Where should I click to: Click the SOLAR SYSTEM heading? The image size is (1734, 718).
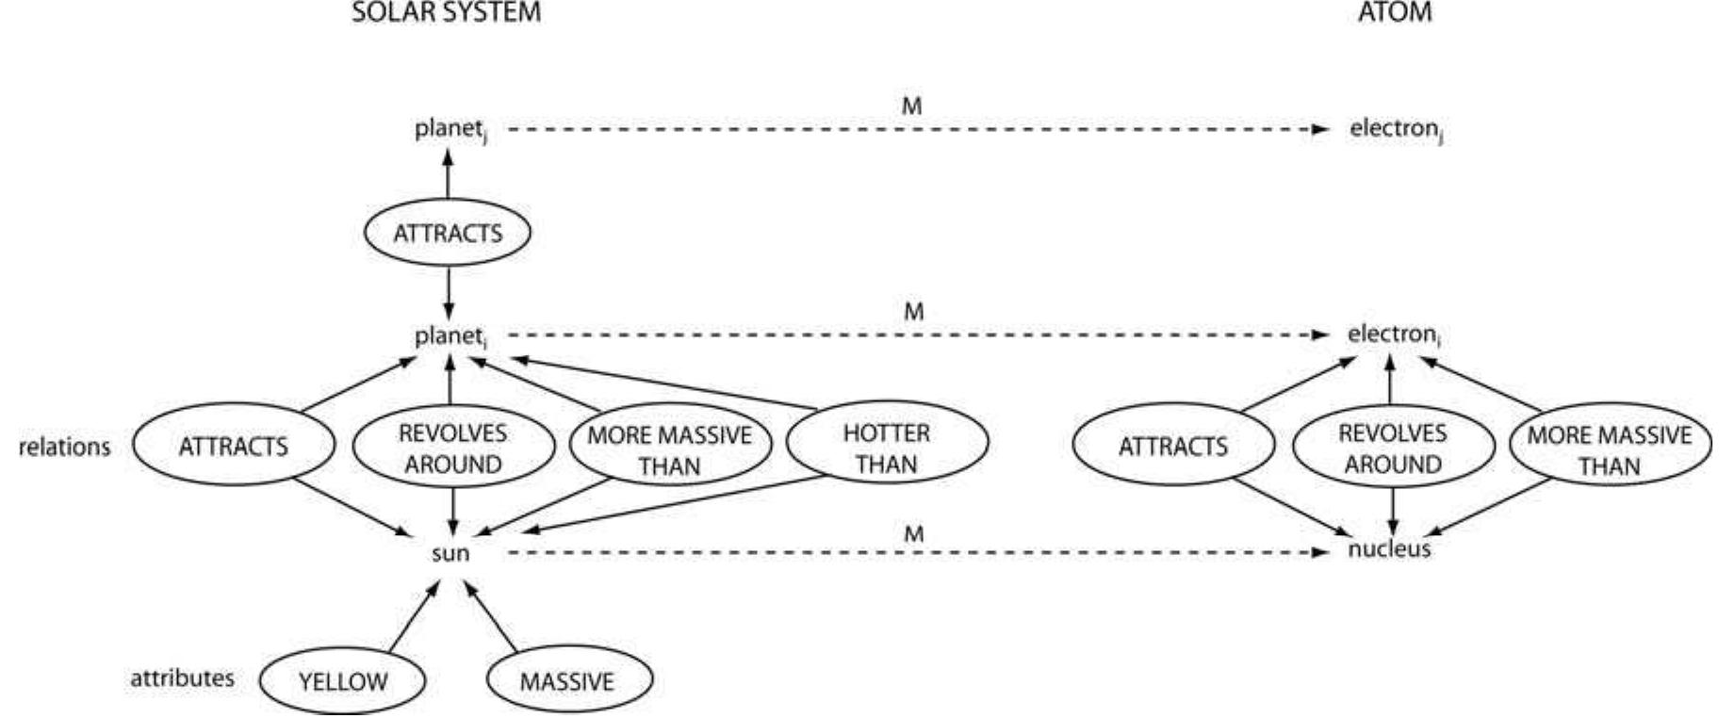point(447,13)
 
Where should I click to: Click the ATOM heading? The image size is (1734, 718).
point(1395,13)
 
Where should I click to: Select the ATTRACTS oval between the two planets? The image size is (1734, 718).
point(448,233)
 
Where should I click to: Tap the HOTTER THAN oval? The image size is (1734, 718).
point(886,448)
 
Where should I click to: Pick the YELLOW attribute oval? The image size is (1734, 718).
point(342,681)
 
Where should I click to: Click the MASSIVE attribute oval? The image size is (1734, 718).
point(567,681)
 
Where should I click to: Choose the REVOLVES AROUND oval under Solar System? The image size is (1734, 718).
point(452,449)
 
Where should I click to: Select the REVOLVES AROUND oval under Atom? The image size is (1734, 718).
point(1392,449)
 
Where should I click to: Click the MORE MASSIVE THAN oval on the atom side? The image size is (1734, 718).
point(1609,449)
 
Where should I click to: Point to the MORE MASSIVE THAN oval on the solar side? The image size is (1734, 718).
point(669,449)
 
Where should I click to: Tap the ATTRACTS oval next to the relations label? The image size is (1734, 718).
point(233,446)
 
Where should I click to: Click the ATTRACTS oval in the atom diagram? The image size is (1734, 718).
point(1172,446)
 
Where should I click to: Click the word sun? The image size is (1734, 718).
point(450,553)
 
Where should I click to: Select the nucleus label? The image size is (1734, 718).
point(1389,549)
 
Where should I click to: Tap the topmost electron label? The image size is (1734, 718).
point(1396,129)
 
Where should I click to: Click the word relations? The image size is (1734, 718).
point(64,447)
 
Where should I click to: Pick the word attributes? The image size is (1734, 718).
point(182,678)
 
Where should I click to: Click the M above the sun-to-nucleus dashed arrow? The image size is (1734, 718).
point(913,534)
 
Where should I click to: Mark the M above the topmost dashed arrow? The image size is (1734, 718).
point(911,106)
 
